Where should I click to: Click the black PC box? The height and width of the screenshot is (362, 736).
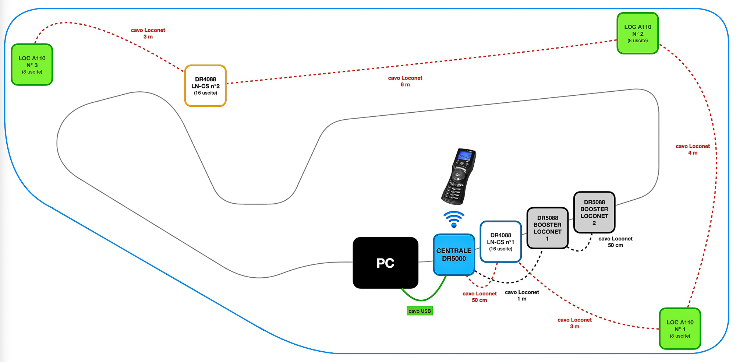[385, 263]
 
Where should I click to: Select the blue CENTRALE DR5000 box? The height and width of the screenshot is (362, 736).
[454, 255]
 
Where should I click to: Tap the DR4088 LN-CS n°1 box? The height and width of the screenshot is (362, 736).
[500, 242]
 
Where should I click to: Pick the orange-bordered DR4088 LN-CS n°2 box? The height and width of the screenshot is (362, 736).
[205, 86]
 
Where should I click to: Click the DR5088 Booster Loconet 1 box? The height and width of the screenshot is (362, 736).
[547, 228]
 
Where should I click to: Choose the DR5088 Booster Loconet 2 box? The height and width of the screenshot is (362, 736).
[594, 212]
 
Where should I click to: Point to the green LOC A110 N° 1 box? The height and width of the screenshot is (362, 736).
[680, 328]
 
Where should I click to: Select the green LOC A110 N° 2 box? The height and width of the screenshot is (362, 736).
[637, 33]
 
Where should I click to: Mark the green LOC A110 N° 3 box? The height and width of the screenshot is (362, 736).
[32, 64]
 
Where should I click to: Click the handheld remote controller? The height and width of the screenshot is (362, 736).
[459, 177]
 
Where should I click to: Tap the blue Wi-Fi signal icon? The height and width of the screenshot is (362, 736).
[454, 219]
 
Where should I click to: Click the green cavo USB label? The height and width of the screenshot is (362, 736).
[420, 311]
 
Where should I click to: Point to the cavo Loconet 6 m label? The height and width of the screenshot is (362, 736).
[405, 81]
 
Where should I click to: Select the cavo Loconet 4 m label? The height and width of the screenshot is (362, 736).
[693, 150]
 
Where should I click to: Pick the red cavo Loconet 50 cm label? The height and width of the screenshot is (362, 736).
[480, 297]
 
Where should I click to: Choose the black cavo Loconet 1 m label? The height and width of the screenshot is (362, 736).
[522, 295]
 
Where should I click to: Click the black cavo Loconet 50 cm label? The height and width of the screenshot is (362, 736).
[615, 242]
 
